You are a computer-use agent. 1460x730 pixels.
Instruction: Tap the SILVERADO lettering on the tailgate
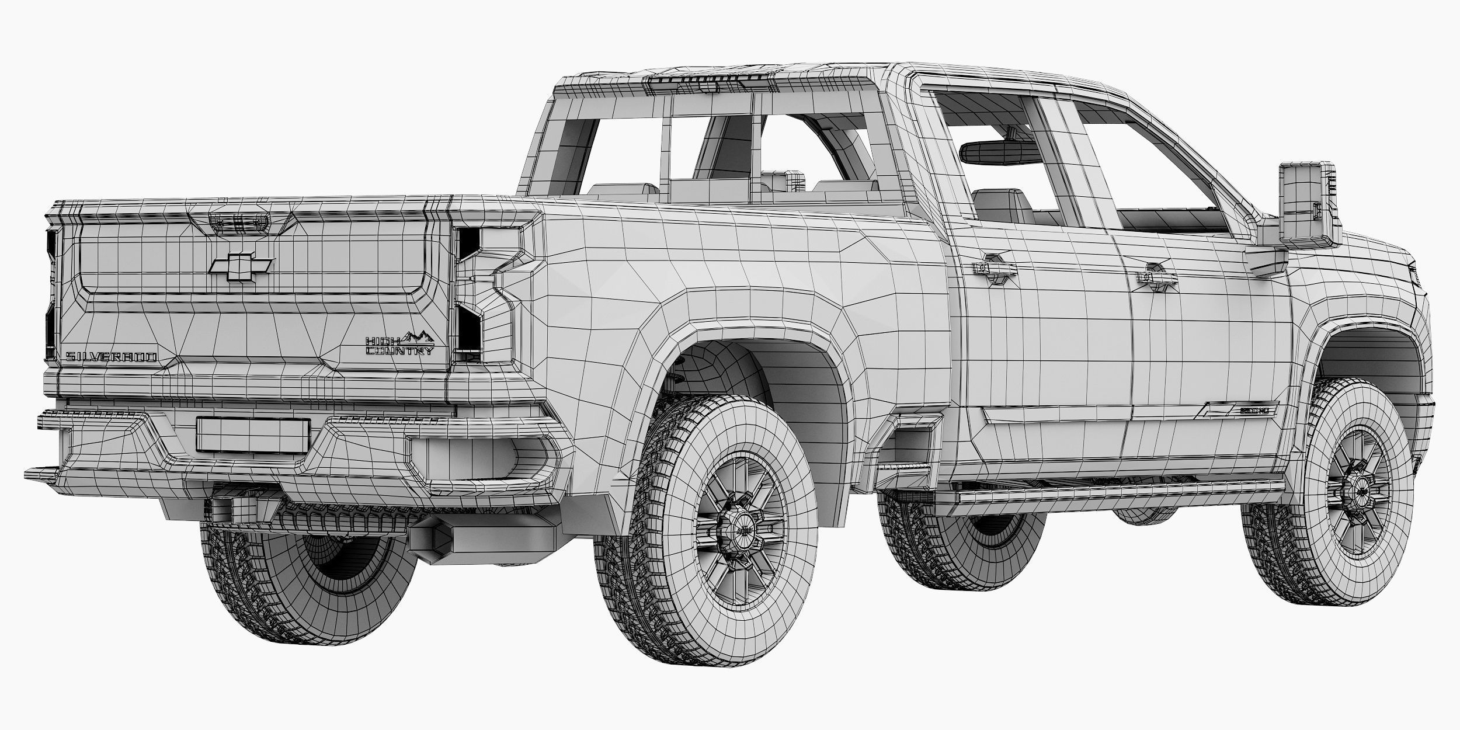pos(110,357)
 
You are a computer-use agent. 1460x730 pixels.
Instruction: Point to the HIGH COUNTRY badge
pos(400,345)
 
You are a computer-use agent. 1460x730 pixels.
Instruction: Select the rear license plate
pos(252,434)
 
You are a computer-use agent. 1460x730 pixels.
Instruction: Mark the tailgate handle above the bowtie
pos(239,221)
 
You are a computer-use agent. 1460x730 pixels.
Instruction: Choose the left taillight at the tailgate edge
pos(51,292)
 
